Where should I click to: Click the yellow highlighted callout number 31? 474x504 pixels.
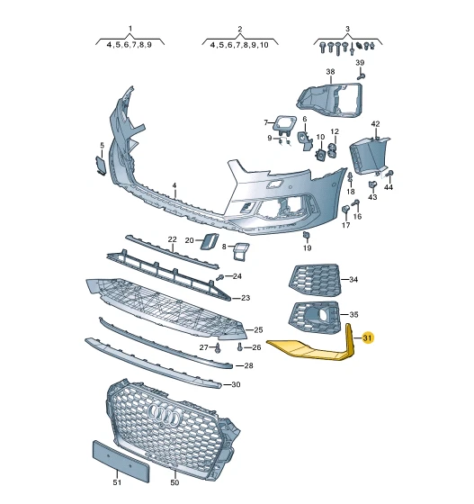pos(367,337)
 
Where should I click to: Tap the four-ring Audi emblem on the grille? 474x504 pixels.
pos(164,414)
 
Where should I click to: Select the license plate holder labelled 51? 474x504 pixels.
pos(121,461)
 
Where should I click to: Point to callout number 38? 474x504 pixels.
pos(330,72)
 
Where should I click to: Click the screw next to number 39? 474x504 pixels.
pos(361,76)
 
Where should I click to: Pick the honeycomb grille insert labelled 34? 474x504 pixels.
pos(315,279)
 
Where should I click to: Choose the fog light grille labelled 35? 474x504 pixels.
pos(315,318)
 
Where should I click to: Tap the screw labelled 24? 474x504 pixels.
pos(220,277)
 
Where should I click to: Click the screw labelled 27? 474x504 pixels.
pos(218,348)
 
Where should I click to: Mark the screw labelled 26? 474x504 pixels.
pos(240,346)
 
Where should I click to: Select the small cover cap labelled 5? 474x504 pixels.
pos(100,166)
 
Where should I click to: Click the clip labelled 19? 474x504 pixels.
pos(307,236)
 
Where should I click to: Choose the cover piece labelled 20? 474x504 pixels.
pos(209,241)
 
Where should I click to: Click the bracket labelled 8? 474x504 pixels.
pos(240,251)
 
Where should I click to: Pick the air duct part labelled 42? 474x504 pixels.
pos(369,155)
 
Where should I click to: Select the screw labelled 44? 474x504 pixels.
pos(389,174)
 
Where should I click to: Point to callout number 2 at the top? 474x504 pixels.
pos(239,29)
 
